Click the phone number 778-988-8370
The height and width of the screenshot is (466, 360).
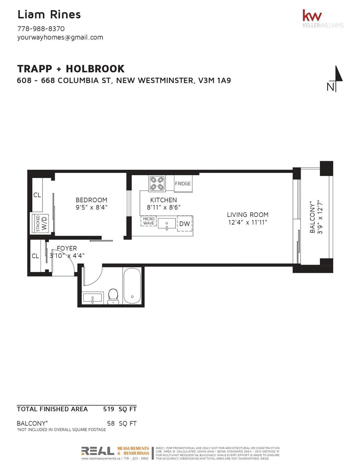coord(41,29)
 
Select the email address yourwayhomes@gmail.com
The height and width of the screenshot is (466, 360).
coord(60,37)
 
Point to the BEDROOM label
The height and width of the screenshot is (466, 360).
coord(91,200)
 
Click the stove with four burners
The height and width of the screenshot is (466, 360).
coord(157,184)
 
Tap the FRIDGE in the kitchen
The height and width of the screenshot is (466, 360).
coord(183,184)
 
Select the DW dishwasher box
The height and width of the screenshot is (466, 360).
coord(185,224)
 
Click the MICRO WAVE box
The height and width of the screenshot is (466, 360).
coord(149,221)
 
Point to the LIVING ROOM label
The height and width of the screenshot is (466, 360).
coord(247,215)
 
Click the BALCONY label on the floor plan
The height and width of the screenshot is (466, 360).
coord(312,217)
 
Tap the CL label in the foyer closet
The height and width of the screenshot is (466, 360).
coord(35,256)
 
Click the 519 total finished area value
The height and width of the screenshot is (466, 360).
coord(108,409)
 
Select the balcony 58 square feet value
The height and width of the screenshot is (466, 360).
coord(111,423)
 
